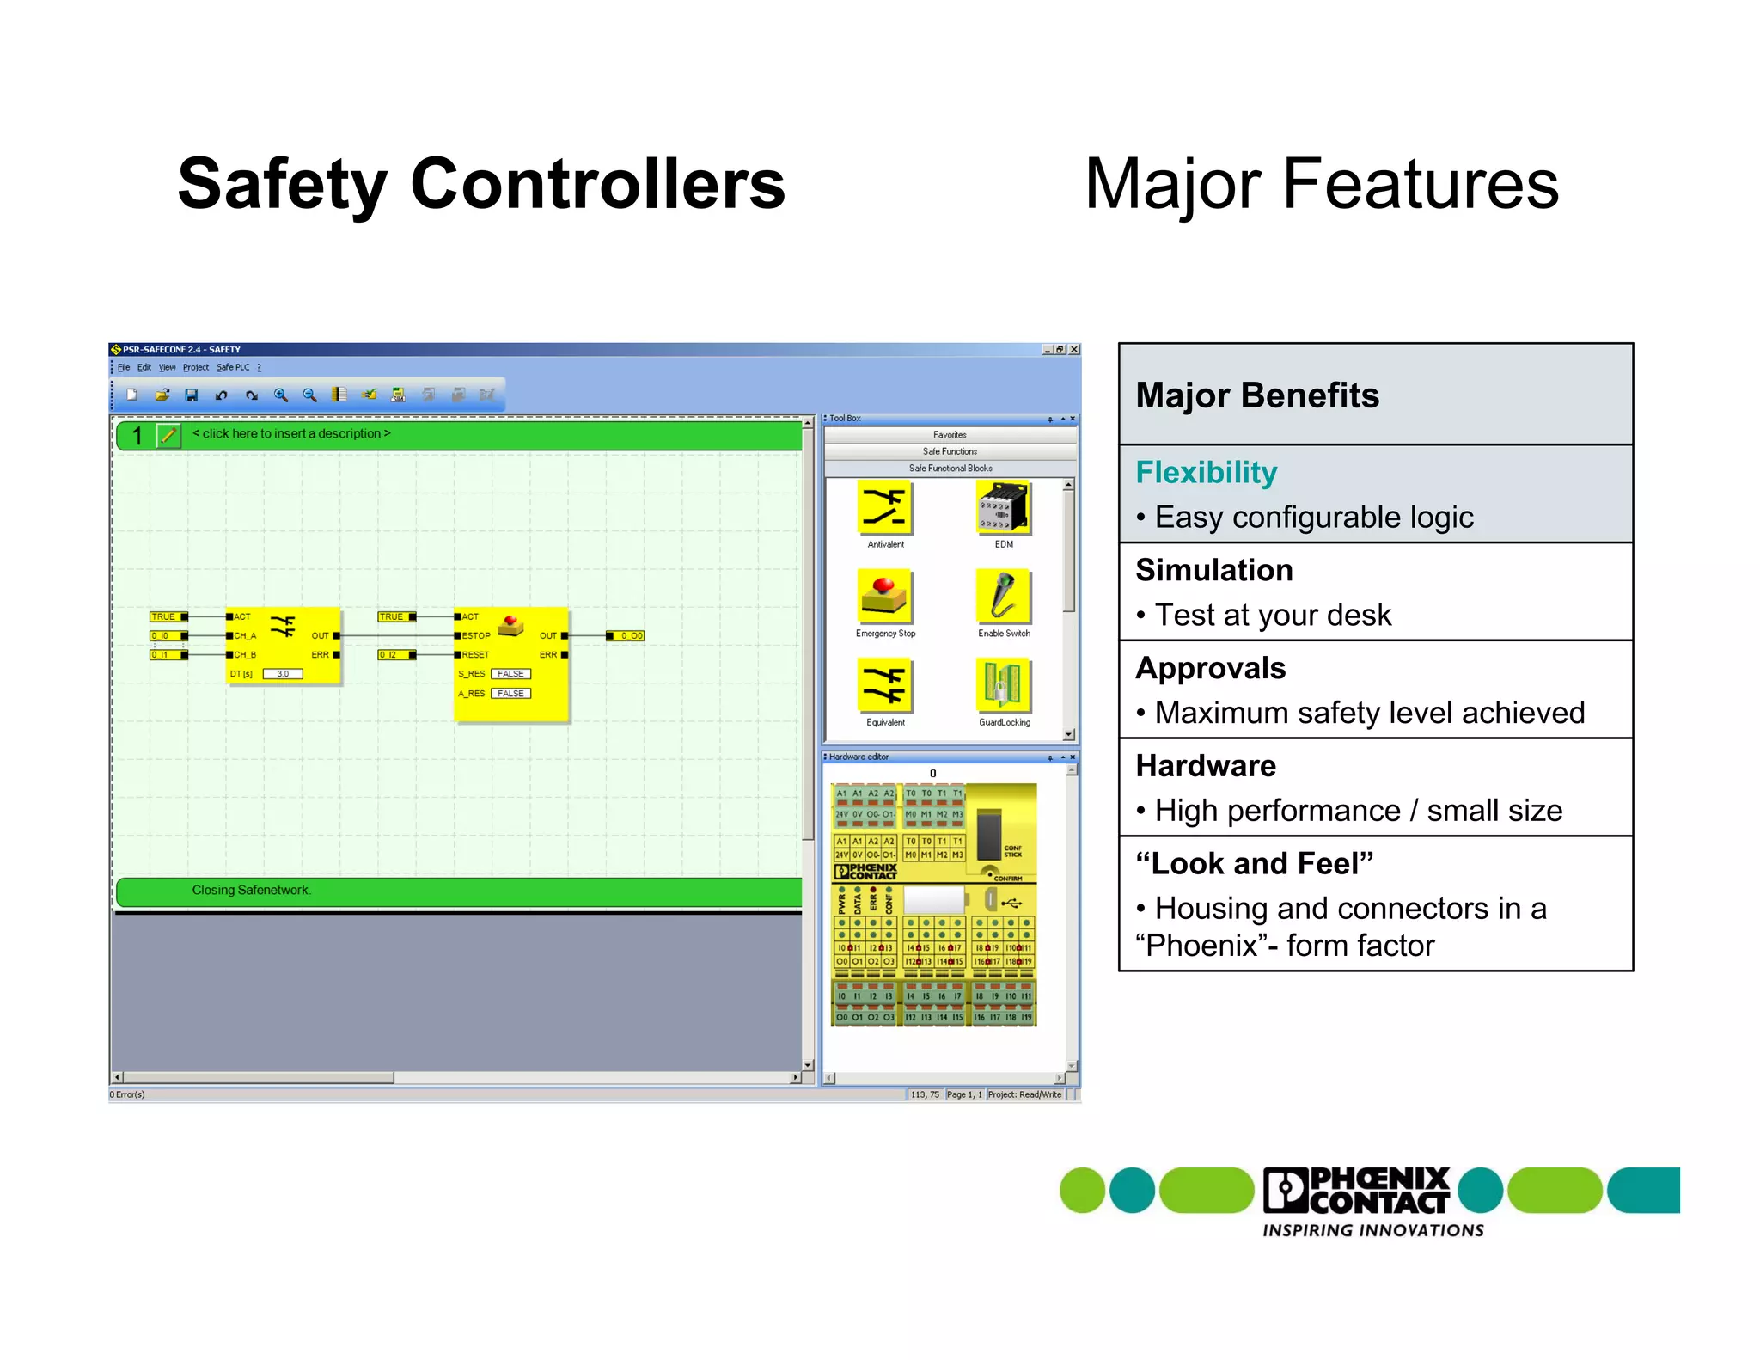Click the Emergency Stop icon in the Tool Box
pos(884,597)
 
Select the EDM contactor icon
pos(1003,507)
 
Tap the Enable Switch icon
pos(1003,597)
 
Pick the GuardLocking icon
pos(1003,685)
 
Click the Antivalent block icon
pos(884,507)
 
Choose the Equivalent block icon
pos(884,685)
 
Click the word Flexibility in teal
pos(1206,472)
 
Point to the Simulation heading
pos(1213,570)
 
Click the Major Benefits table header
pos(1256,395)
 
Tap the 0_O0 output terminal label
pos(631,635)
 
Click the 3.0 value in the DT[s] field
pos(283,673)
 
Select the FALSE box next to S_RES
pos(510,673)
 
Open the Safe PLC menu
pos(233,367)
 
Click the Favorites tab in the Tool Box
pos(950,435)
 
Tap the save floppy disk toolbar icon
pos(192,395)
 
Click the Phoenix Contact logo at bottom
pos(1358,1191)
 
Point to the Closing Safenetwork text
pos(251,890)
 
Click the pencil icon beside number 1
pos(168,435)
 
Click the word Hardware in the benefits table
pos(1205,765)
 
